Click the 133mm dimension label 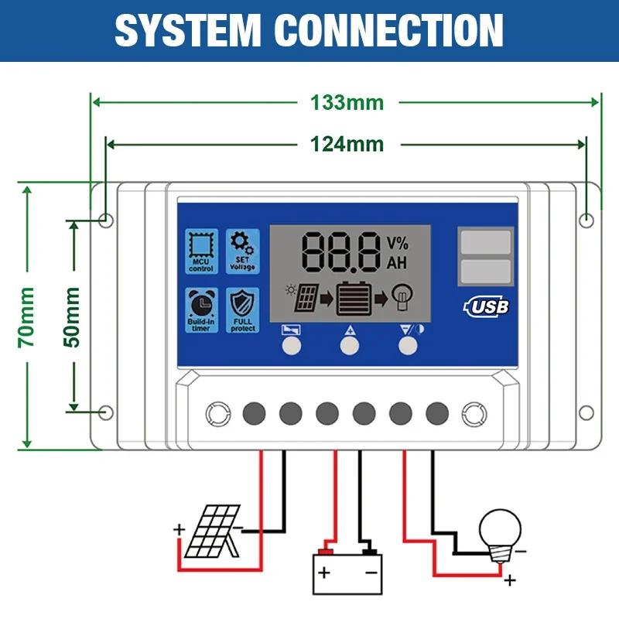click(x=347, y=102)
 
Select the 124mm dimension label click(x=347, y=144)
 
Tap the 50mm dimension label click(x=72, y=316)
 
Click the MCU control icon click(x=201, y=251)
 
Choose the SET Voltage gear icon click(x=242, y=251)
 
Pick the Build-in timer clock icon click(x=201, y=310)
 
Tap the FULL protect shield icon click(x=242, y=310)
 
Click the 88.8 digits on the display click(x=341, y=251)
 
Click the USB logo click(x=487, y=307)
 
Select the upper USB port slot click(x=485, y=242)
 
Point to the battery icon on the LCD click(x=353, y=297)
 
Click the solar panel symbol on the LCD click(x=307, y=297)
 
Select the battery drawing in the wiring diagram click(x=347, y=570)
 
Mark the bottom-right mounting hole click(x=587, y=412)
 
